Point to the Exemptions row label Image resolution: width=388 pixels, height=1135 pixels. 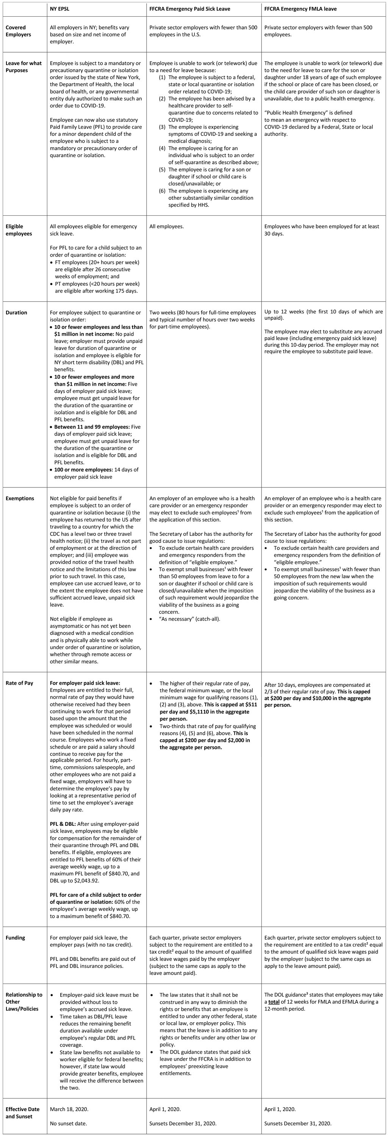(20, 498)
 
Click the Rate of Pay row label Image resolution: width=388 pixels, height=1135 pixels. (19, 683)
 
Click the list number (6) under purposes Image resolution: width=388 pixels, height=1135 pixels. (162, 191)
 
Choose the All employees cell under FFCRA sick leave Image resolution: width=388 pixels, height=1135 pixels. (167, 226)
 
